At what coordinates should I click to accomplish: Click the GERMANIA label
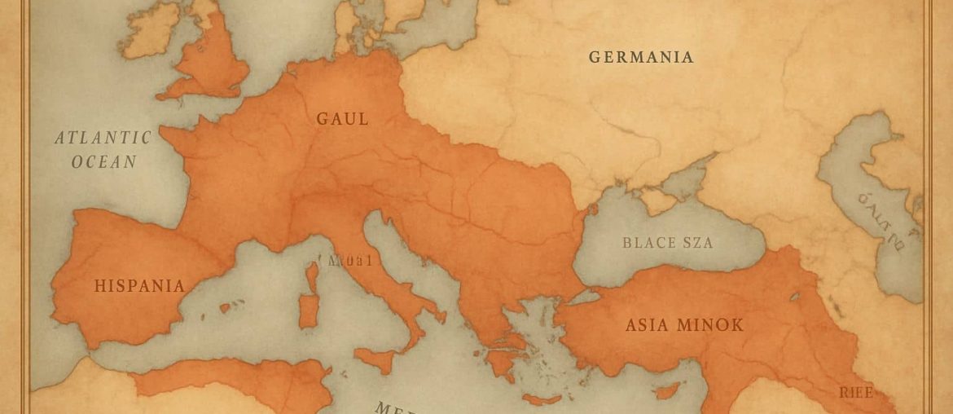tap(641, 57)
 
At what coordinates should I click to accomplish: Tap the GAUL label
tap(342, 119)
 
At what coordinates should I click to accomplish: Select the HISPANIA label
tap(139, 286)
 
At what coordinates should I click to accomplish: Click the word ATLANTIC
tap(103, 138)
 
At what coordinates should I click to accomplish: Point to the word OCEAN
tap(103, 161)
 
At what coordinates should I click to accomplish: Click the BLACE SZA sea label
tap(667, 243)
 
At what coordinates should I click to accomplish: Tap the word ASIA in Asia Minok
tap(648, 325)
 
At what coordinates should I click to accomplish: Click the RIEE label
tap(856, 393)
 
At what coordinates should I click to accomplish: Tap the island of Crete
tap(541, 399)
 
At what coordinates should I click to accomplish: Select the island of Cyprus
tap(666, 390)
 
